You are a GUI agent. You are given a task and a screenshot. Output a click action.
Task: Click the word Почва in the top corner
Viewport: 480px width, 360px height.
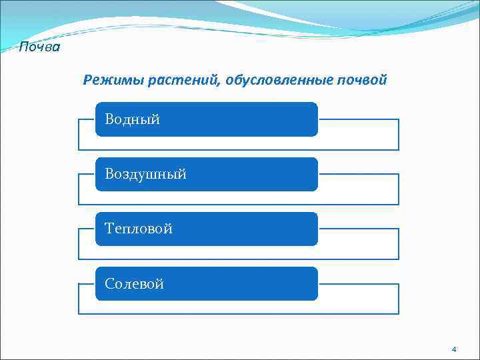(39, 47)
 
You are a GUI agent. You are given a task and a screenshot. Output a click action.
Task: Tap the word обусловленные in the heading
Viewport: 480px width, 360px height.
(279, 81)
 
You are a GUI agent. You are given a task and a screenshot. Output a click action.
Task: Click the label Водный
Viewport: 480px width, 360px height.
(132, 120)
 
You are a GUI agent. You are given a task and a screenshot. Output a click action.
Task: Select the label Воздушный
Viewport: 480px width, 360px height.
(145, 175)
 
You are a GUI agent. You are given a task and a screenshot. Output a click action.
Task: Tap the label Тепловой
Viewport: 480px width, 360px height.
(139, 229)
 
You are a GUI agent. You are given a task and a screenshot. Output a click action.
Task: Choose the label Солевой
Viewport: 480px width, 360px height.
(134, 284)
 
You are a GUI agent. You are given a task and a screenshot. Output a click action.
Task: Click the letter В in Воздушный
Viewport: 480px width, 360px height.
(109, 175)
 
